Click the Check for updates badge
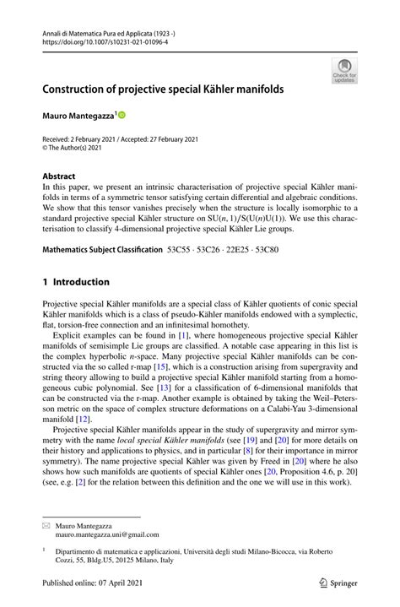(x=343, y=71)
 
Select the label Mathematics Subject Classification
(x=102, y=251)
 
